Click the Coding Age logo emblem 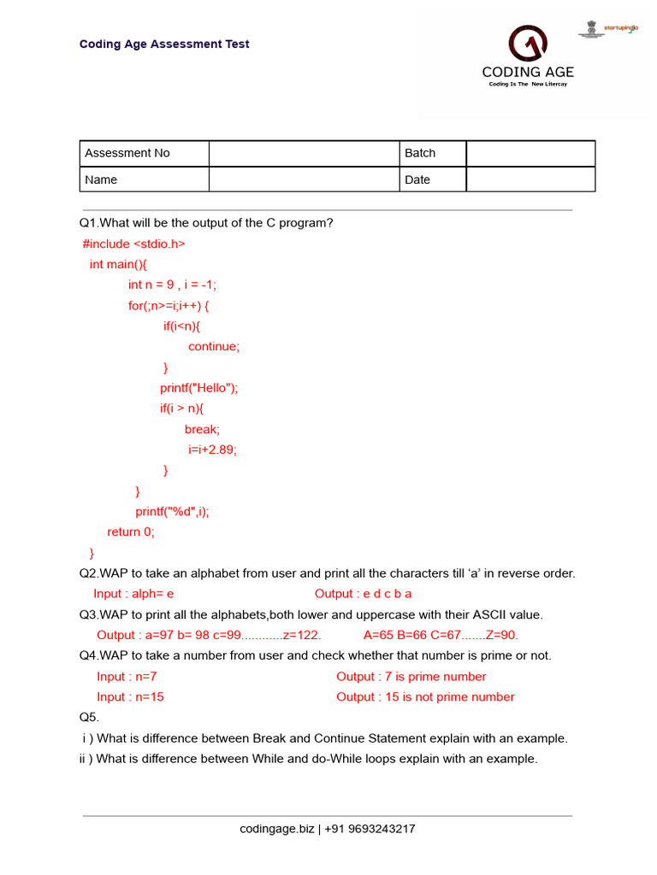[528, 44]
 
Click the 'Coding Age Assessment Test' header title [164, 44]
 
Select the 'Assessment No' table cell [144, 153]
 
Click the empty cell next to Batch [530, 153]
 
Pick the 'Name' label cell [144, 179]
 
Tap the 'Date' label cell [433, 179]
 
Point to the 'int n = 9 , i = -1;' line [179, 285]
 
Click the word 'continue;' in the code [214, 346]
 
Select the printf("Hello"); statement [198, 388]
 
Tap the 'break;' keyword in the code [202, 429]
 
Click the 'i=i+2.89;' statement [212, 449]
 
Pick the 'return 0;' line [131, 531]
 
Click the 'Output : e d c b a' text [363, 594]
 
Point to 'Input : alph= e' [133, 594]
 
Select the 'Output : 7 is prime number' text [411, 676]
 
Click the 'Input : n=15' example [130, 696]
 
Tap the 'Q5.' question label [90, 717]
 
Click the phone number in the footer [370, 829]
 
